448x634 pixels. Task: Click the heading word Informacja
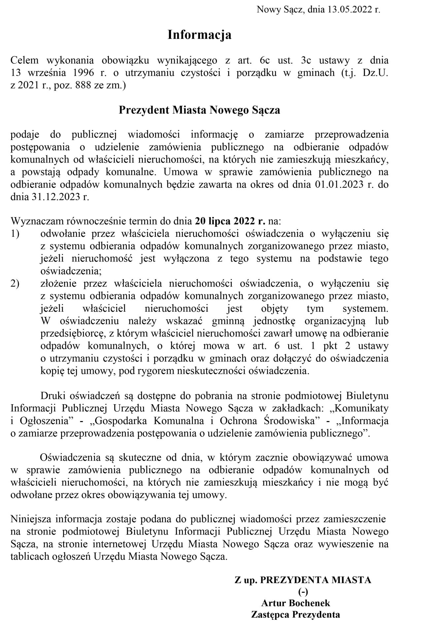tap(199, 35)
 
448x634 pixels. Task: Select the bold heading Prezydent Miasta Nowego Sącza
tap(199, 110)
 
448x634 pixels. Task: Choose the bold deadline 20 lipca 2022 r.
tap(230, 221)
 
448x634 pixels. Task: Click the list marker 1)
tap(15, 233)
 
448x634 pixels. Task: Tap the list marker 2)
tap(15, 283)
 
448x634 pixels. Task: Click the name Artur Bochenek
tap(295, 603)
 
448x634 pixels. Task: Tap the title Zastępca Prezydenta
tap(295, 615)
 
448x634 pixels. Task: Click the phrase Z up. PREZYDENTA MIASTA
tap(303, 580)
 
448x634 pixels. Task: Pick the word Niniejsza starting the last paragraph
tap(31, 519)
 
